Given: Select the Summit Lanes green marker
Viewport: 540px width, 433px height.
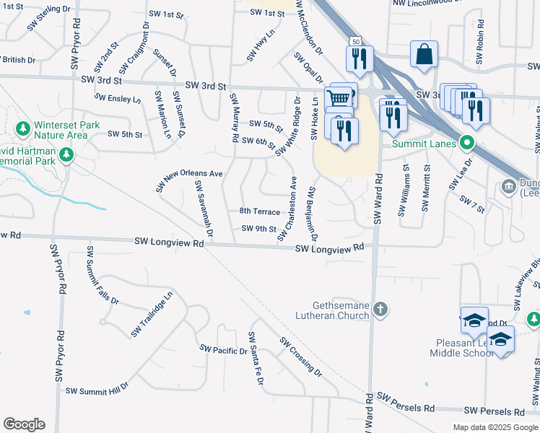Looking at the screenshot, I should (467, 143).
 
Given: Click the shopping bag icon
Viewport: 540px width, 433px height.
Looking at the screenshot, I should (424, 54).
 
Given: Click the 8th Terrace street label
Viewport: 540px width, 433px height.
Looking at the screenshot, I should (259, 211).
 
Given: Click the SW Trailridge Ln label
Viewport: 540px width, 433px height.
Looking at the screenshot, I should (152, 314).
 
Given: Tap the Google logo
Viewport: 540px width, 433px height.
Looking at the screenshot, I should (24, 424).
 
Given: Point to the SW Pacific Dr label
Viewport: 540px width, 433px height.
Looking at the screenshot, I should (224, 350).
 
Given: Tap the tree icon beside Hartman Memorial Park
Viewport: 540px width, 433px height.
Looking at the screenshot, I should (66, 154).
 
